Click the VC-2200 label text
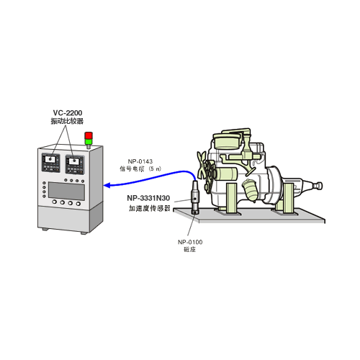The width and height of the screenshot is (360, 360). tap(68, 113)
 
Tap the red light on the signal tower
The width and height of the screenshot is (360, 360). tap(89, 135)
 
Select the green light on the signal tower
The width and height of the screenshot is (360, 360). tap(89, 141)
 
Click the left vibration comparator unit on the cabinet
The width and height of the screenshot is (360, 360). tap(51, 163)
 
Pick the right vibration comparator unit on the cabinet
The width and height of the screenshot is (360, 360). tap(75, 164)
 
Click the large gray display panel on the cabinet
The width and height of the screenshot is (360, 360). tap(66, 191)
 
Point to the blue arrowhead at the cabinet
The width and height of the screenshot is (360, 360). tap(107, 185)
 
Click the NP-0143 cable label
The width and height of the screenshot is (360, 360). tap(140, 161)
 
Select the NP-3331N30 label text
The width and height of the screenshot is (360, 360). tap(148, 198)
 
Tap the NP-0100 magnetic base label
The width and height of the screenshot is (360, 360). tap(190, 242)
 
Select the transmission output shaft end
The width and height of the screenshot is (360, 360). tap(319, 186)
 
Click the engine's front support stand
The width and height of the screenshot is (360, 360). tap(231, 198)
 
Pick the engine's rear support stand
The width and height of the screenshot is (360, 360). tap(288, 198)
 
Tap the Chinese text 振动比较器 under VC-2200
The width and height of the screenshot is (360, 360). tap(67, 121)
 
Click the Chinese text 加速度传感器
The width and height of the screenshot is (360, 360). tap(150, 208)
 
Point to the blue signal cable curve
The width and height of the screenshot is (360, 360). tap(150, 178)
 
